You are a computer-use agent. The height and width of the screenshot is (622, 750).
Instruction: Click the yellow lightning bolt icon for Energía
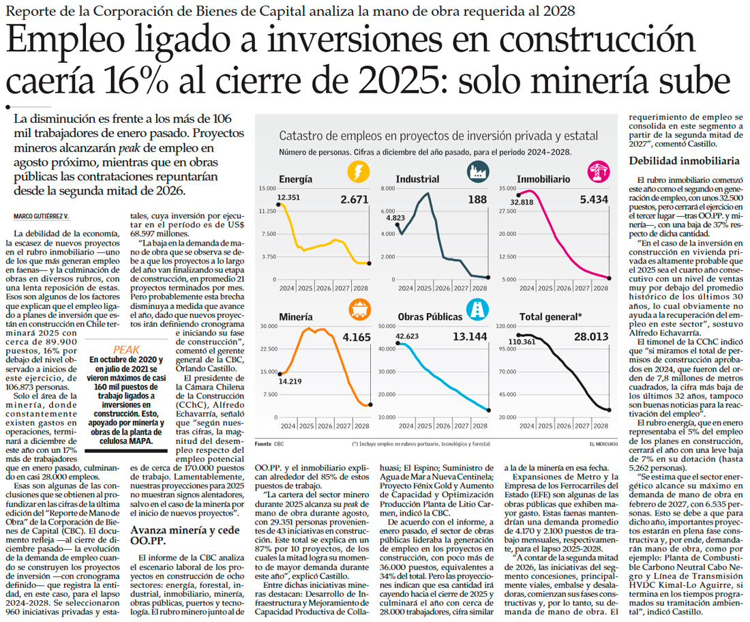pos(357,171)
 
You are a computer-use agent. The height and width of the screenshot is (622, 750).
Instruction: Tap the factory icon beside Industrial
pos(477,171)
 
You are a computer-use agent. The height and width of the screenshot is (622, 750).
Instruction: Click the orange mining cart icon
pos(357,310)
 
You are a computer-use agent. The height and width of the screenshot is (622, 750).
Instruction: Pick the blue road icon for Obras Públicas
pos(477,310)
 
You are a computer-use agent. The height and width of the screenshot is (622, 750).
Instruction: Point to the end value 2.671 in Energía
pos(355,200)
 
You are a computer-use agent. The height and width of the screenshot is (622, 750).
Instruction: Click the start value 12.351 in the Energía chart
pos(289,197)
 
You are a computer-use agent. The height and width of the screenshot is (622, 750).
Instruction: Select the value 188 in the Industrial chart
pos(477,200)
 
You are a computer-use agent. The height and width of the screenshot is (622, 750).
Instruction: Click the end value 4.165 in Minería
pos(355,337)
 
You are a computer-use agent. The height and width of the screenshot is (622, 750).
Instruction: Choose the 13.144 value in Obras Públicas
pos(470,336)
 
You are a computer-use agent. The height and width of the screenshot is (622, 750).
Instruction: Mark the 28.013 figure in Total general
pos(590,336)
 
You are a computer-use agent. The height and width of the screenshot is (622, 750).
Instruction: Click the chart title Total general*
pos(550,317)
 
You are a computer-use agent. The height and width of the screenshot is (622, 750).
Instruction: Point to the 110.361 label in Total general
pos(524,341)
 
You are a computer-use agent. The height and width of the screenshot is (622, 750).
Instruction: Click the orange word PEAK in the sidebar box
pos(126,349)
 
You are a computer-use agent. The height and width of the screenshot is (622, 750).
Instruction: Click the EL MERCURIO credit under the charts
pos(600,444)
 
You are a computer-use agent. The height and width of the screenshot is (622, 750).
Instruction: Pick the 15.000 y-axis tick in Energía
pos(267,188)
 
